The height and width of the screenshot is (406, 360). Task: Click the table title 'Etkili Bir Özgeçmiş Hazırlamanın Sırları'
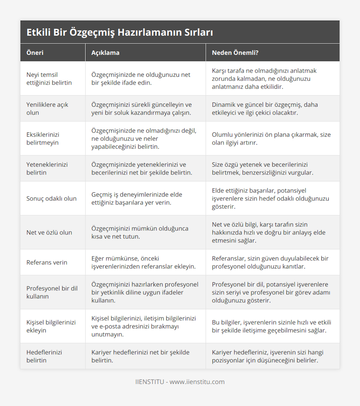(120, 32)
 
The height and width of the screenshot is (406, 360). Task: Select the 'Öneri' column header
(35, 53)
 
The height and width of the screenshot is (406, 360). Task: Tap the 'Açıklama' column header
(105, 53)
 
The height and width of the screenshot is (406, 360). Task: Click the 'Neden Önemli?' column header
(235, 53)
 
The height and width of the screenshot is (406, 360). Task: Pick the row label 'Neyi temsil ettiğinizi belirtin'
(49, 79)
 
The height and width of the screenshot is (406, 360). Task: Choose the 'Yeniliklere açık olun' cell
(47, 108)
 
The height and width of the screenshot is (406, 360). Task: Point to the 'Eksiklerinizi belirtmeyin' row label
(43, 138)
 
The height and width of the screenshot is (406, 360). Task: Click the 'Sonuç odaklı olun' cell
(51, 198)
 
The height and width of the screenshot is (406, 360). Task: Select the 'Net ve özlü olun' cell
(49, 232)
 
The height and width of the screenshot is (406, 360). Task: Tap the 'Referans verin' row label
(47, 262)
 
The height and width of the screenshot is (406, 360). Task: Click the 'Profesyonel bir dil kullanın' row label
(52, 292)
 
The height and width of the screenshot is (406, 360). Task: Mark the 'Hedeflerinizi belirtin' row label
(44, 356)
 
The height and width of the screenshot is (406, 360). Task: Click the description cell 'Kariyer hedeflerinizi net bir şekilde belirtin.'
(140, 356)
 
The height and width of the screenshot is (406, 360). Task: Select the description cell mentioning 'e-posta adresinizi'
(143, 326)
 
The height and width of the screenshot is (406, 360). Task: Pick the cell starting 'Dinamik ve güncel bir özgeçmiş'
(265, 108)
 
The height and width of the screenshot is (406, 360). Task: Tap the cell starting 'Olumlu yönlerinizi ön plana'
(271, 138)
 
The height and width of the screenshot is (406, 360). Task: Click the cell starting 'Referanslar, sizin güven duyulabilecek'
(270, 262)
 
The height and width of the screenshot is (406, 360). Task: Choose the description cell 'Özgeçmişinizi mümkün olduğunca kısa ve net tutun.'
(140, 232)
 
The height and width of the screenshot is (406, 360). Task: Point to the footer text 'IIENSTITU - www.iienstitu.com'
(180, 382)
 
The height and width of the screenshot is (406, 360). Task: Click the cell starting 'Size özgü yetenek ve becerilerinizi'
(262, 168)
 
